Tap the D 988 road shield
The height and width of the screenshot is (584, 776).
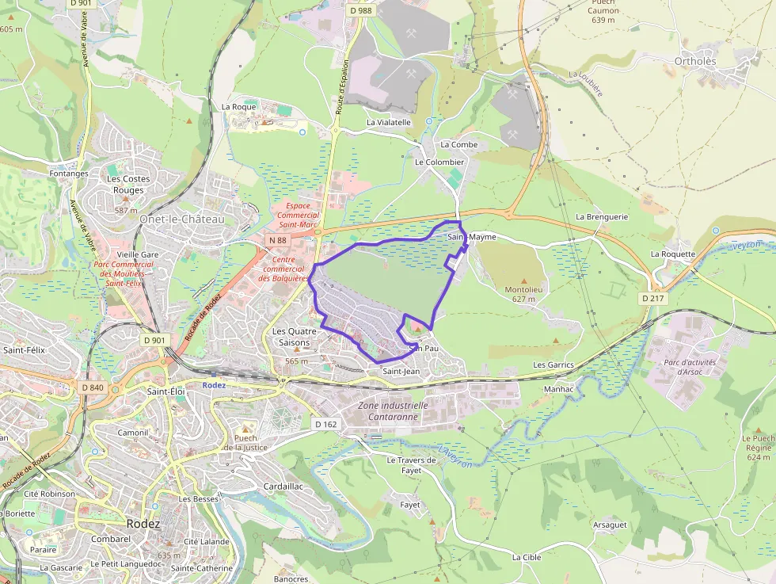[x=359, y=10]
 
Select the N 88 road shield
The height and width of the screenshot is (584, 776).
[x=277, y=240]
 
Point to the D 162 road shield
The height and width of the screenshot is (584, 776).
[x=325, y=424]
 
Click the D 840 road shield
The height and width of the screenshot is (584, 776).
[x=93, y=387]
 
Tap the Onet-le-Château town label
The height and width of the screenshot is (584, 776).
[x=181, y=219]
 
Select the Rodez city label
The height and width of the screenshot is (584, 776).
[x=143, y=524]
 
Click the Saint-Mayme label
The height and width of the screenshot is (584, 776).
[x=472, y=237]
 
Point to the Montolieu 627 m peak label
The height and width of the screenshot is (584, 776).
[x=523, y=294]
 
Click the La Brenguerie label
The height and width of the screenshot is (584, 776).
[x=602, y=216]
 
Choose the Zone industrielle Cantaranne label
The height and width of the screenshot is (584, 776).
[x=394, y=410]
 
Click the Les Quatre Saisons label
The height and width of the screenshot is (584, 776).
[x=295, y=336]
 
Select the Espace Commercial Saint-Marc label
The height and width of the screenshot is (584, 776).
[x=297, y=215]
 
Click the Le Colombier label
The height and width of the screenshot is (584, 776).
[x=439, y=162]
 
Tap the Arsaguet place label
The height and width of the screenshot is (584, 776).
[x=610, y=525]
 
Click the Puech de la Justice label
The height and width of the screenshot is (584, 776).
[x=245, y=442]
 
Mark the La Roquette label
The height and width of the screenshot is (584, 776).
[x=673, y=254]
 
